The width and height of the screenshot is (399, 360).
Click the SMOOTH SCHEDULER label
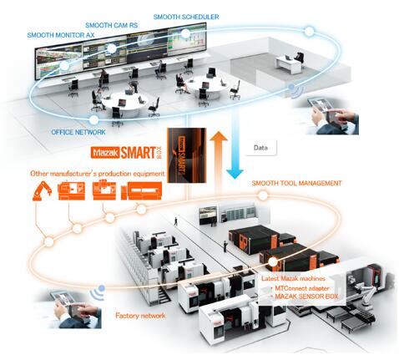coord(186,17)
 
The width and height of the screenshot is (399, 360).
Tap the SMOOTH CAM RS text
coord(111,25)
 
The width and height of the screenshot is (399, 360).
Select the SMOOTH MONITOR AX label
coord(61,35)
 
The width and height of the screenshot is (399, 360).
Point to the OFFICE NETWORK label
coord(78,132)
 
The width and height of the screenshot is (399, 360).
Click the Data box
coord(261,148)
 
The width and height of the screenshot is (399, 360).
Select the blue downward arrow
coord(235,150)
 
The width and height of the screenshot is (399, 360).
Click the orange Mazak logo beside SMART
coord(105,153)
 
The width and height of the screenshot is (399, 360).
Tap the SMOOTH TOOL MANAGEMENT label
coord(296,183)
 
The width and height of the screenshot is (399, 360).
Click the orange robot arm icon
coord(42,190)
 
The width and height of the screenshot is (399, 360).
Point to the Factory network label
coord(140,316)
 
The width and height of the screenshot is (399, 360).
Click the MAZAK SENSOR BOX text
coord(306,297)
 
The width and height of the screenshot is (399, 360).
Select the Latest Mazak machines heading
coord(293,278)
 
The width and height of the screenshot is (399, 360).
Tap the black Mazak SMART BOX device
coord(186,155)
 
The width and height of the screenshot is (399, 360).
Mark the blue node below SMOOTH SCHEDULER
coord(185,34)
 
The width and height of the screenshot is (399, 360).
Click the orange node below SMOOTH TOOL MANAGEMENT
coord(263,195)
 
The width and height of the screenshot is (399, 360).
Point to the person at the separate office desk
coord(299,58)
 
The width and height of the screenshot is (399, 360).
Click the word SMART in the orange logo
coord(138,153)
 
